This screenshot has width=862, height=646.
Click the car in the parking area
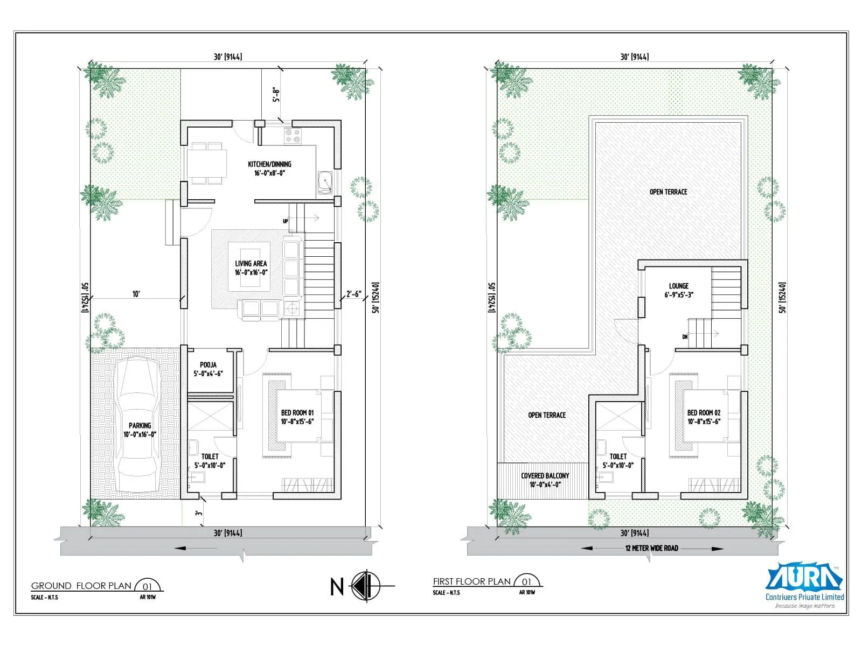click(x=138, y=425)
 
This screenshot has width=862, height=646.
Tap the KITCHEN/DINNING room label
click(x=269, y=168)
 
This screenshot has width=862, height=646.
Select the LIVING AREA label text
click(x=251, y=268)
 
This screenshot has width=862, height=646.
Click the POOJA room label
click(x=208, y=369)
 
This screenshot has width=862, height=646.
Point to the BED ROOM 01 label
click(x=297, y=417)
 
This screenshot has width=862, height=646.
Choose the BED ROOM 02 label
click(x=704, y=417)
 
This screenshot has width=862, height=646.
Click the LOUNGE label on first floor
click(x=678, y=290)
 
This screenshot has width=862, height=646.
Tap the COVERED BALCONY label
click(x=545, y=480)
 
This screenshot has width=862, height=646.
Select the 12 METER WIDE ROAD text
click(x=651, y=548)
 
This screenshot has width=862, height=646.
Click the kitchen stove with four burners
click(x=293, y=136)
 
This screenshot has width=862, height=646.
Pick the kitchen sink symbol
click(x=325, y=183)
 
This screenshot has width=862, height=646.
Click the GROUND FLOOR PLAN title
click(x=81, y=586)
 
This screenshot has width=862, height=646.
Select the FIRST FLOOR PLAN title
click(x=471, y=581)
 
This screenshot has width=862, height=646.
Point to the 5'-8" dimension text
click(x=276, y=95)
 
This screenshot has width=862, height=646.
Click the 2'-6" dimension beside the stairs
click(x=353, y=294)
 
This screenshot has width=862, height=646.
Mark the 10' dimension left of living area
click(x=136, y=294)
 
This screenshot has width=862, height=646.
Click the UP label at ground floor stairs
click(x=286, y=221)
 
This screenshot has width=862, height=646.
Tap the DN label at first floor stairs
click(x=685, y=337)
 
